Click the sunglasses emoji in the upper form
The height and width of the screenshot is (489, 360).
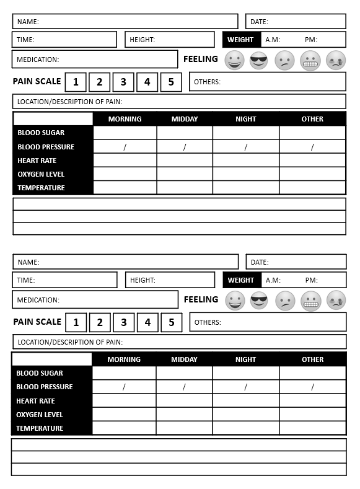point(259,60)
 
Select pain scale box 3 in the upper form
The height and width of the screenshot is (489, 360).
point(123,82)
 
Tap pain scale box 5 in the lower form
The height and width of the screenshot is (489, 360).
point(172,322)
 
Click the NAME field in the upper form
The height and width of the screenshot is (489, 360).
point(125,22)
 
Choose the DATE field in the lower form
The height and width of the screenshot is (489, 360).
point(296,262)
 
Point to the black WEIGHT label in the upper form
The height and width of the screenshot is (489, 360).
point(241,40)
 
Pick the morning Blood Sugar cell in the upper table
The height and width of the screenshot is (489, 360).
point(125,133)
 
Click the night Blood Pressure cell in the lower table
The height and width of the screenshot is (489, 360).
point(246,387)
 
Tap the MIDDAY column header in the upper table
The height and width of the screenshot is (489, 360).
point(185,119)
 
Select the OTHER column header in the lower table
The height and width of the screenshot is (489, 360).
point(312,359)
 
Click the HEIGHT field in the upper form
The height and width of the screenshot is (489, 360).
point(170,40)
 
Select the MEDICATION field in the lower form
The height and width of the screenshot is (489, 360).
point(95,300)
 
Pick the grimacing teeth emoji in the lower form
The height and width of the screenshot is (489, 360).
point(310,301)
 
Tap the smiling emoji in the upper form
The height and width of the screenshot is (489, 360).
point(234,60)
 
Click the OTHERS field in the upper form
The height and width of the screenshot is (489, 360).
point(268,82)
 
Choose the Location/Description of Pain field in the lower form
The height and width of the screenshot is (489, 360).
point(180,342)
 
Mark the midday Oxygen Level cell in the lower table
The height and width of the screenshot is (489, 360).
point(184,415)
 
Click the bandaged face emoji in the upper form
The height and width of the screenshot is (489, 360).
point(336,60)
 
